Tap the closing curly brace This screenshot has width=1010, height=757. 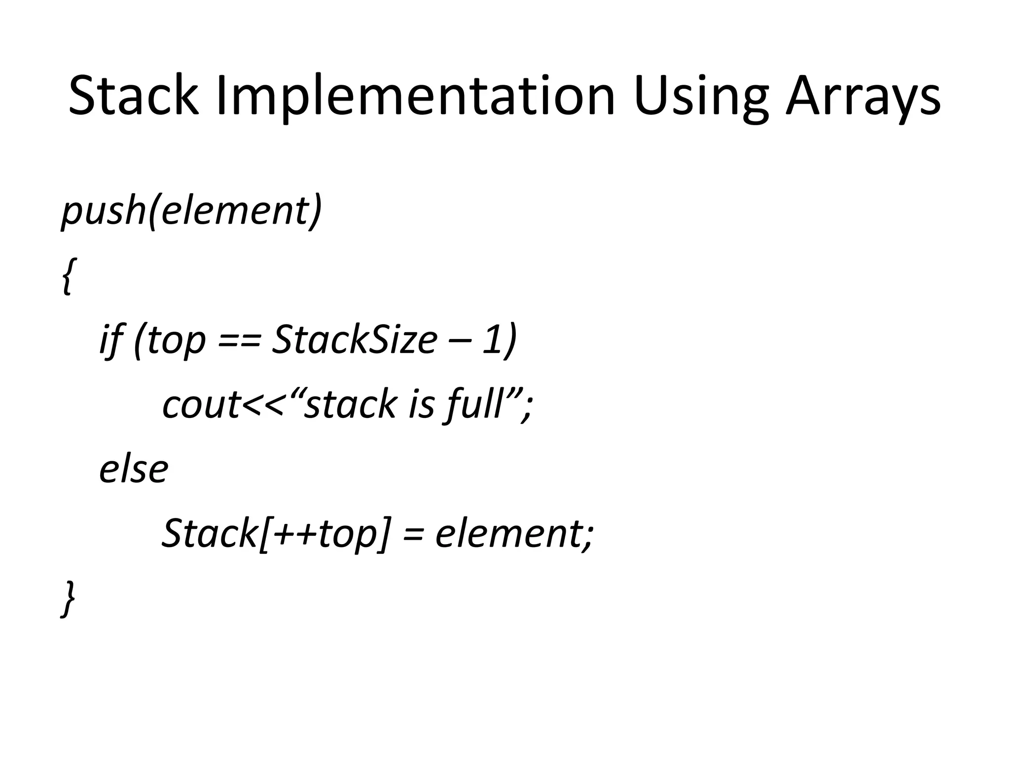tap(68, 598)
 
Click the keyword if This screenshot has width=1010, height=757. tap(110, 340)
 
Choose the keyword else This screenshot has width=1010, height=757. tap(134, 469)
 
